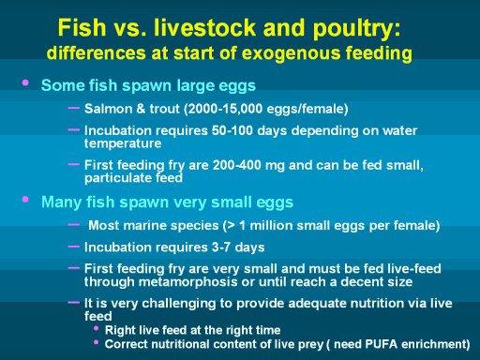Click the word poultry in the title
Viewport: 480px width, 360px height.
(356, 29)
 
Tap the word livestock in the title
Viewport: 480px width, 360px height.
(205, 27)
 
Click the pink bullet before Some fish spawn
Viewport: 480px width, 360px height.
(25, 83)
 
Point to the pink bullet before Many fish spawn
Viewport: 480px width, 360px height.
(25, 200)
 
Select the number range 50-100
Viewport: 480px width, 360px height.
(232, 130)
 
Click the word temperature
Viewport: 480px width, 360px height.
(123, 143)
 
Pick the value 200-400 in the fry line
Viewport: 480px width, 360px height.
(236, 165)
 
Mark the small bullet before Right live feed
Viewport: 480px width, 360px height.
(97, 328)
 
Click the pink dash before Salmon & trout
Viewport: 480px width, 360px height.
(74, 108)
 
